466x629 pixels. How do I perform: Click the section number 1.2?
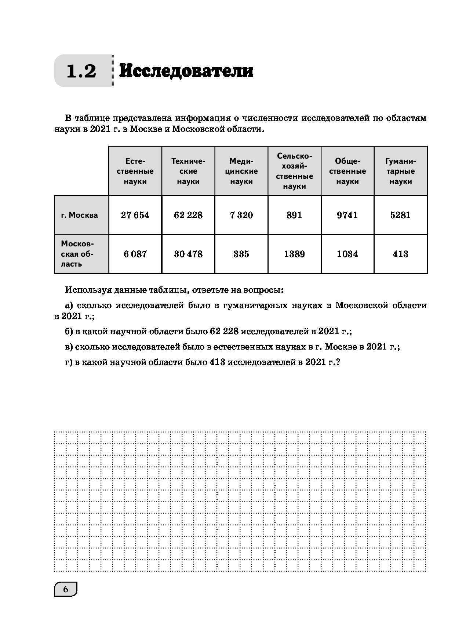[81, 71]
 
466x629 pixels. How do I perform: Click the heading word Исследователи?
[186, 71]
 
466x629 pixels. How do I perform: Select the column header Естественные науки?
[135, 171]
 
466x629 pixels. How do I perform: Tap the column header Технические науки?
[188, 171]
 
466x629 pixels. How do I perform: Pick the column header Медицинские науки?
[241, 171]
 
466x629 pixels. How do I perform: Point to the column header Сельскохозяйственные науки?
[294, 171]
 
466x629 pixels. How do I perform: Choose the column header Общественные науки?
[347, 171]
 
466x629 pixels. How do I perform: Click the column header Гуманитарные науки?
[400, 171]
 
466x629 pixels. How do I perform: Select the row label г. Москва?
[80, 215]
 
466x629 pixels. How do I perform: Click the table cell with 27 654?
[135, 215]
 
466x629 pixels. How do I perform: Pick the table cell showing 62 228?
[188, 215]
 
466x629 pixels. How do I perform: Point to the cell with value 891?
[294, 215]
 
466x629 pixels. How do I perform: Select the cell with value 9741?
[347, 215]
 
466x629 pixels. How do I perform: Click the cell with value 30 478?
[188, 254]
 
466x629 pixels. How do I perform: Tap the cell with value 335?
[241, 254]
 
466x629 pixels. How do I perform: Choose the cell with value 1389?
[294, 254]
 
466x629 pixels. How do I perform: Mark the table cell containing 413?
[400, 254]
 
